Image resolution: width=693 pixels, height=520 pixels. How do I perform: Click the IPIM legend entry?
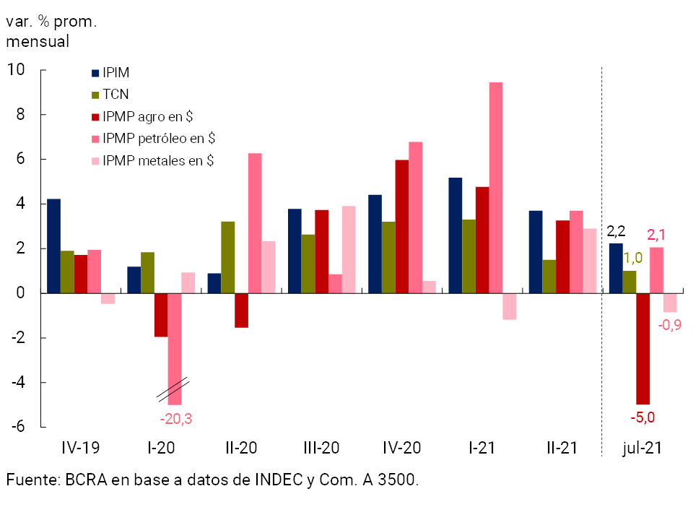[115, 73]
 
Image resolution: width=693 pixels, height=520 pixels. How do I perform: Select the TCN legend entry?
[115, 95]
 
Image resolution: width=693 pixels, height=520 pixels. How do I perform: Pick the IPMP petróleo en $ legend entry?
[159, 138]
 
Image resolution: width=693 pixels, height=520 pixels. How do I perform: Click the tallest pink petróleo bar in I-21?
[495, 188]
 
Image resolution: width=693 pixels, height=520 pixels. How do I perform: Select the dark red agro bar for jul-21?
[642, 349]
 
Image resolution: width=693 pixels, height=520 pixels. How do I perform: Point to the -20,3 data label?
[176, 418]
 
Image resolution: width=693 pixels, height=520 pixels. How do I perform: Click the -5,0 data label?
[642, 417]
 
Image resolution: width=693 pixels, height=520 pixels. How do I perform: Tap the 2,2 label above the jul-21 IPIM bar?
[616, 232]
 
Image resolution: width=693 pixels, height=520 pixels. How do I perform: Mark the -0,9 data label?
[671, 325]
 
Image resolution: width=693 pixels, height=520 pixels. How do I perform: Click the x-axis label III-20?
[321, 448]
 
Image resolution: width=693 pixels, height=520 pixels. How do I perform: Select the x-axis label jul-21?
[642, 448]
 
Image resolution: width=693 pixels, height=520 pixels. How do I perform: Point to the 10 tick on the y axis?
[16, 70]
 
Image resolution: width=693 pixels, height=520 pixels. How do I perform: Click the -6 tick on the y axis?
[17, 427]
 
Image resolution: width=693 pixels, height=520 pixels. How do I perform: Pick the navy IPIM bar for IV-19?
[53, 246]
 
